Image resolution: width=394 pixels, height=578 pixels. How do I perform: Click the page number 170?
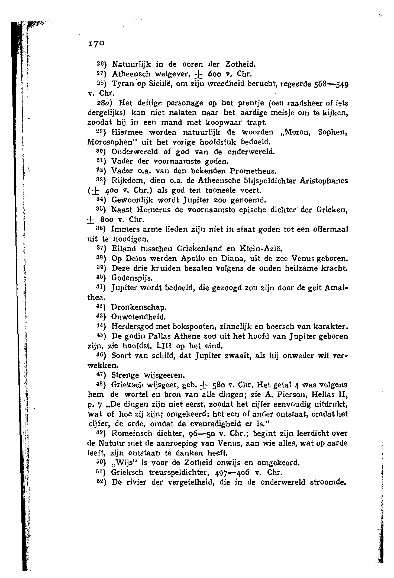coord(95,43)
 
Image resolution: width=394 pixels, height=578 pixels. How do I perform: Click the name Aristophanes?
coord(324,181)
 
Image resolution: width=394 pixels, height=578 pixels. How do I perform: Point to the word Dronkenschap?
coord(139,308)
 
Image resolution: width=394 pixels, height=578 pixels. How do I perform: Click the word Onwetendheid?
coord(138,317)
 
